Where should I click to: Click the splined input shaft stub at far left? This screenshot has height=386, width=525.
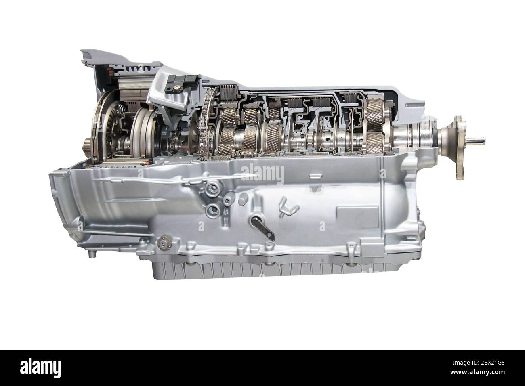tap(88, 143)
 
